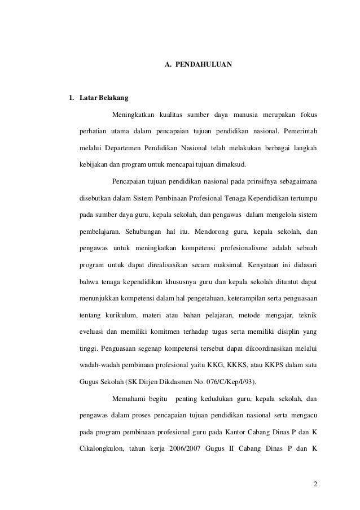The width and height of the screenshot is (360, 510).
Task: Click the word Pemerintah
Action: (x=299, y=132)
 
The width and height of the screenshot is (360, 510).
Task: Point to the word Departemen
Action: (x=125, y=149)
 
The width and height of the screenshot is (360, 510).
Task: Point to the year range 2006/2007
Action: (x=187, y=444)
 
